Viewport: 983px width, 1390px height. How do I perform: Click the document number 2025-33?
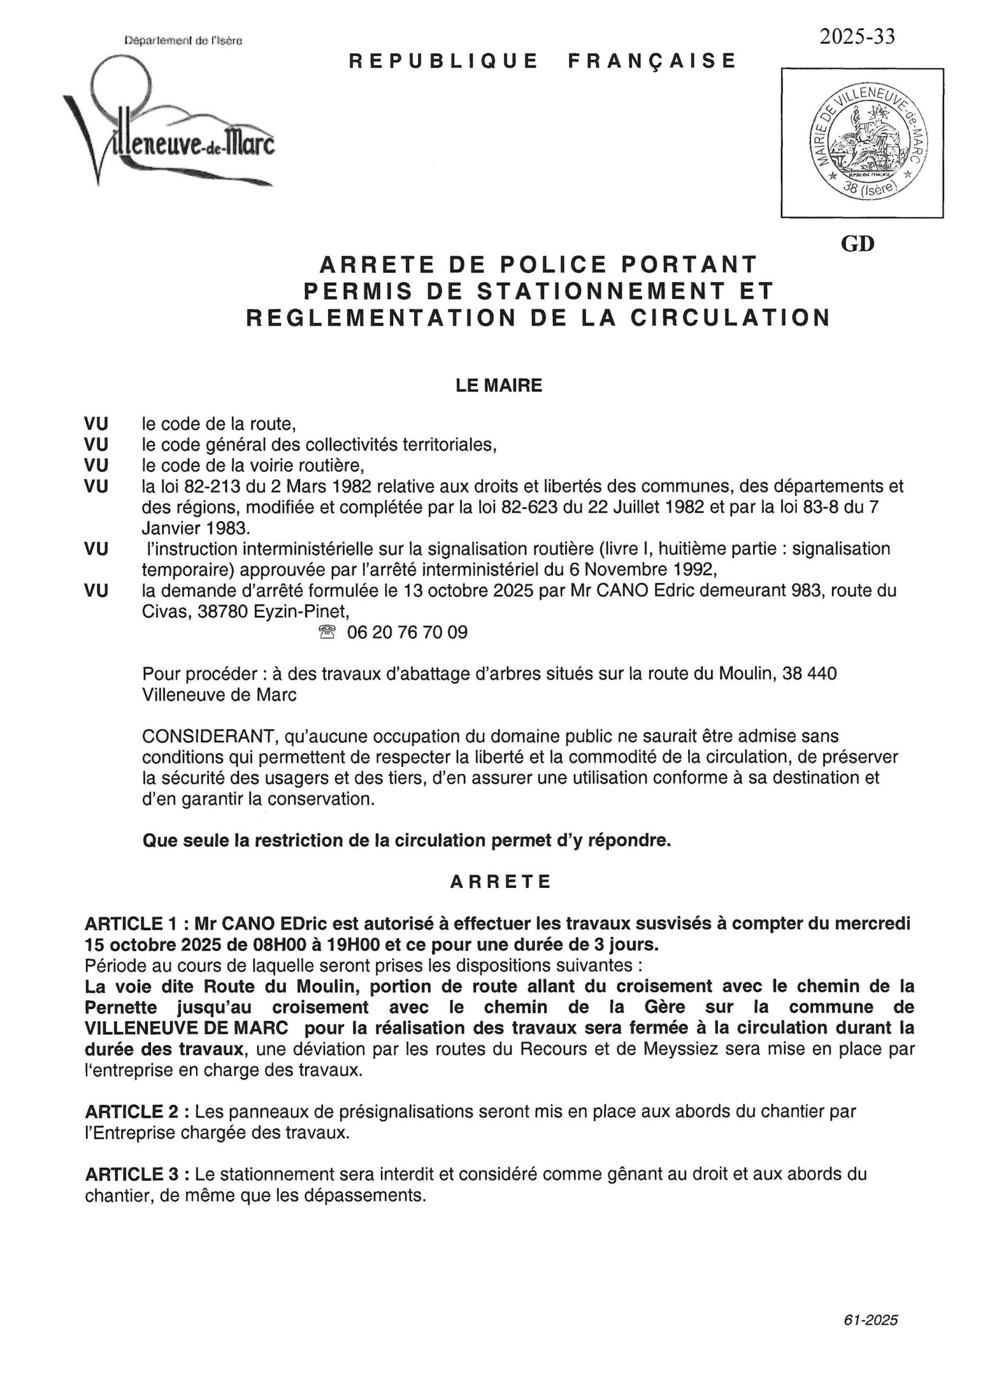coord(856,37)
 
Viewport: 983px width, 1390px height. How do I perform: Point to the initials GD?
coord(857,244)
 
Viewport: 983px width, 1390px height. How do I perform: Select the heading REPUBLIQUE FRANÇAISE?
coord(542,61)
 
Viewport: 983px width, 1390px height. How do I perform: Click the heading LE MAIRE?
coord(499,385)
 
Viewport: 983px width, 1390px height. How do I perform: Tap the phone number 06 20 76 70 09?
coord(407,632)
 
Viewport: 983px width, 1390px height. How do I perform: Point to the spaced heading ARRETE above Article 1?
coord(501,882)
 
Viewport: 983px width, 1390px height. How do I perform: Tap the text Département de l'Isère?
coord(183,41)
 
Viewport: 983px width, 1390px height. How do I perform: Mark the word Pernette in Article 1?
coord(120,1007)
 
